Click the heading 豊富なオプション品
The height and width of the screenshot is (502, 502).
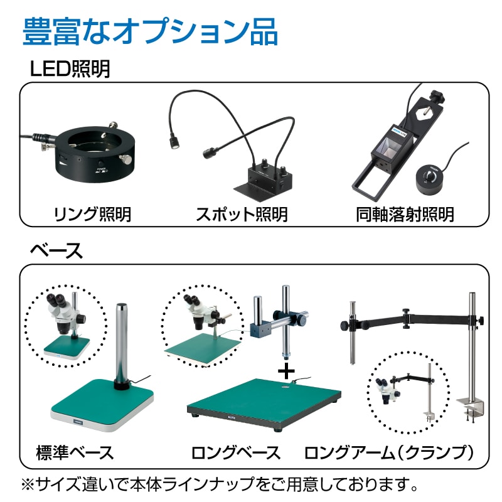click(150, 31)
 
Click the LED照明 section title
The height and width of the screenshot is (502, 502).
click(70, 68)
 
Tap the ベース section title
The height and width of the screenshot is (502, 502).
click(56, 250)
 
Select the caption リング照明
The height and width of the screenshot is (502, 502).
click(92, 214)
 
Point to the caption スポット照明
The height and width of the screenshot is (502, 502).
click(242, 214)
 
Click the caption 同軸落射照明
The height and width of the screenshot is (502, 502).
click(405, 214)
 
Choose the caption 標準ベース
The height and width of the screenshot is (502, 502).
click(75, 452)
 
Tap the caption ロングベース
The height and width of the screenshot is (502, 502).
click(235, 452)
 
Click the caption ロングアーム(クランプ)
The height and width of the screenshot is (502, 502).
click(388, 452)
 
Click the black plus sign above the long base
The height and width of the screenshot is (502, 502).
click(286, 371)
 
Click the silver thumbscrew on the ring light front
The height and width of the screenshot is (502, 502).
click(126, 159)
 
